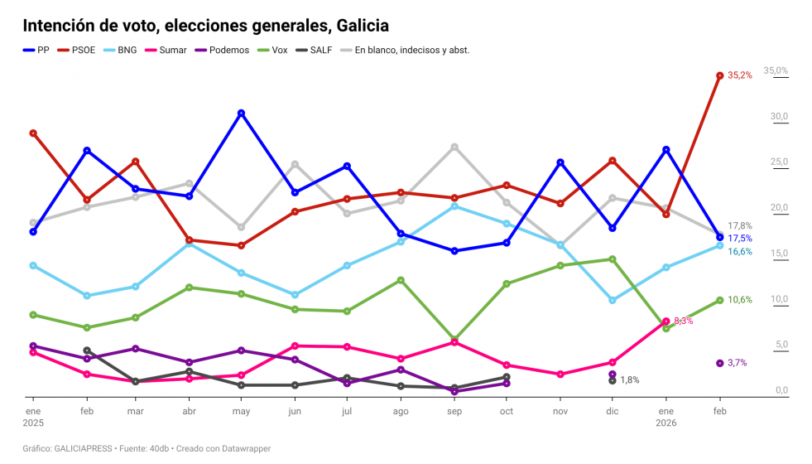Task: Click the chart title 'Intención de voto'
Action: [x=205, y=27]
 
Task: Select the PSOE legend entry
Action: [x=81, y=50]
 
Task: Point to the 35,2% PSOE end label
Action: [x=739, y=75]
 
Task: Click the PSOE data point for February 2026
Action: [x=719, y=75]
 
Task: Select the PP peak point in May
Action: [x=241, y=113]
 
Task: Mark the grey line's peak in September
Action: [x=454, y=147]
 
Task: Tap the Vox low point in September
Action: [x=454, y=340]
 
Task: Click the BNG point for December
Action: [x=613, y=300]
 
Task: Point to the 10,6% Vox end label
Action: [x=739, y=300]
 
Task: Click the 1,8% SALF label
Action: [x=629, y=380]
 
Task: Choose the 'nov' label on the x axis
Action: [x=560, y=411]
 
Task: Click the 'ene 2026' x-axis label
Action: [x=665, y=417]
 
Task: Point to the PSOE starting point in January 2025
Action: [x=33, y=133]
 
